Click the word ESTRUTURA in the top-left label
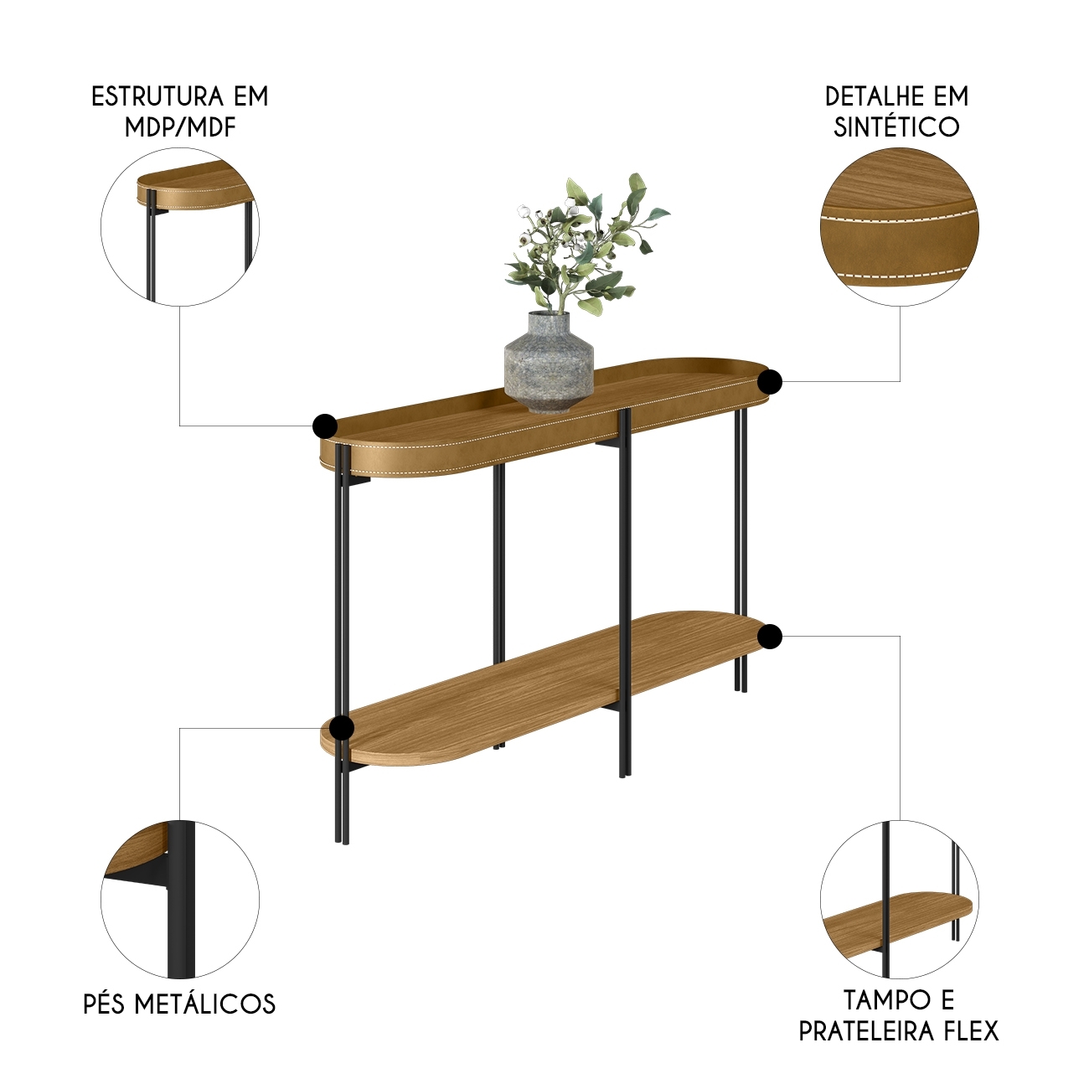155,96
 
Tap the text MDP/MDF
180,127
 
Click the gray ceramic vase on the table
549,362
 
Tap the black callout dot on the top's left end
325,426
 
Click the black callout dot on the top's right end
770,383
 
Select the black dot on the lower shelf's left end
341,728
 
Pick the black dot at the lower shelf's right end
770,637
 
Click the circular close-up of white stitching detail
900,227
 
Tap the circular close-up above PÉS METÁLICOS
180,900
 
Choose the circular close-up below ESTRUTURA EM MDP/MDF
180,227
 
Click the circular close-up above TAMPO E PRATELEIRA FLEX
900,900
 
